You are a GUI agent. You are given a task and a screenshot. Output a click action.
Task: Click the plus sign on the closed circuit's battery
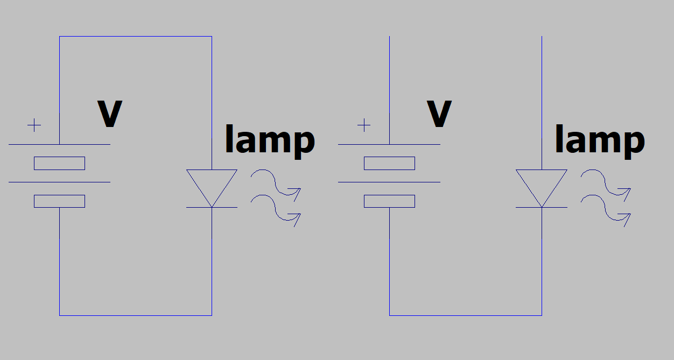34,126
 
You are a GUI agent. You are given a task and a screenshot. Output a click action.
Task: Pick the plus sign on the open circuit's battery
364,126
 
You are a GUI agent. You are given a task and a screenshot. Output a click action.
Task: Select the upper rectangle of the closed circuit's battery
59,163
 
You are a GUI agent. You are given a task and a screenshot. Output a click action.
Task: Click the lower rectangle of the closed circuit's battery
59,201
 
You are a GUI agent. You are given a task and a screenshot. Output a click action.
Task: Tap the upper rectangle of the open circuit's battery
389,163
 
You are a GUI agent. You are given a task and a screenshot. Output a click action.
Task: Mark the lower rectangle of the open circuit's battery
389,201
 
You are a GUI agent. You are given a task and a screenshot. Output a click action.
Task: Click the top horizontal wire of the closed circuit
135,37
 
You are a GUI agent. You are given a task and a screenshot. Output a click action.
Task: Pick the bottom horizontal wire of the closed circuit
135,315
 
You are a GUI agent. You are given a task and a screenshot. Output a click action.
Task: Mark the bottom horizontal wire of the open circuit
466,315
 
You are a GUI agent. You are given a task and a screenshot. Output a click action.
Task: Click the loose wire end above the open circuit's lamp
542,38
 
